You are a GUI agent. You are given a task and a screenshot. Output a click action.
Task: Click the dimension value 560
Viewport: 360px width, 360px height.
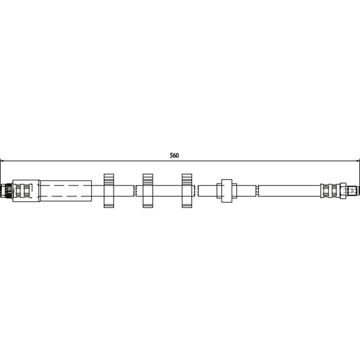(x=174, y=155)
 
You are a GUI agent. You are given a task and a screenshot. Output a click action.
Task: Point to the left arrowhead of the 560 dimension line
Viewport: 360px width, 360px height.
(x=3, y=161)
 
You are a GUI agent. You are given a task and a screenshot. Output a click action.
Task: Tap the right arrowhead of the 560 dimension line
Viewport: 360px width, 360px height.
(x=356, y=161)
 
